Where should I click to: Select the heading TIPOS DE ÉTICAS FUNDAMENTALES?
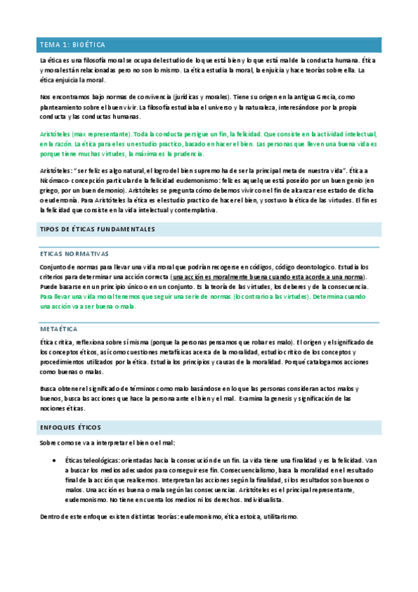(x=97, y=229)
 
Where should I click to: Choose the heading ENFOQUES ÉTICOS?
(x=70, y=427)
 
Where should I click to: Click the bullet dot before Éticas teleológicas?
(x=54, y=461)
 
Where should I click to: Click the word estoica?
(x=239, y=517)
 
